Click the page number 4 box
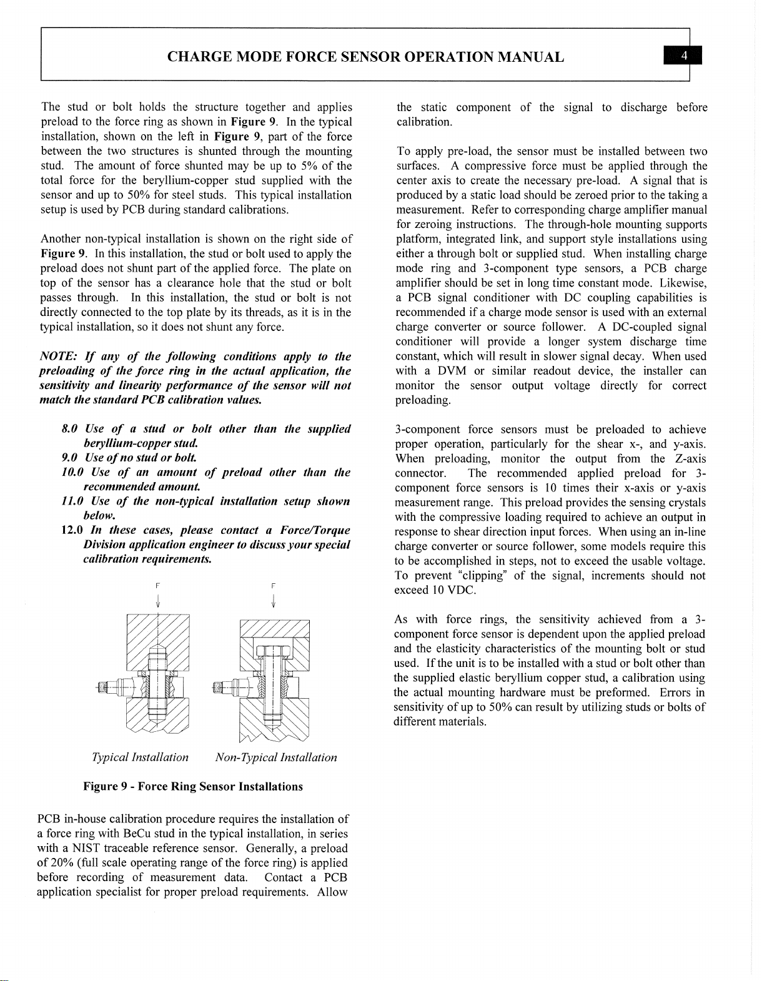[x=685, y=56]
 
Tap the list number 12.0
[x=69, y=530]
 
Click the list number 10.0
[x=70, y=473]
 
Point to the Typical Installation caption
[x=140, y=757]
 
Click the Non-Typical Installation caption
[x=275, y=757]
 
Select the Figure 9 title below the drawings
[x=193, y=787]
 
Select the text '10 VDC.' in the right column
[x=454, y=590]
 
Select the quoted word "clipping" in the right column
[x=482, y=576]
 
